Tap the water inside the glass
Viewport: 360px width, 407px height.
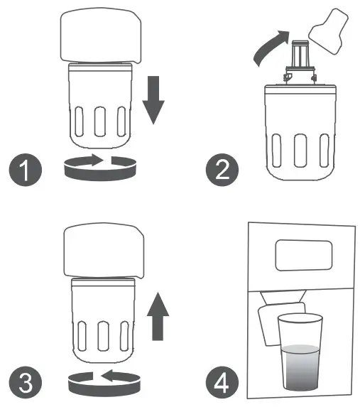pyautogui.click(x=302, y=369)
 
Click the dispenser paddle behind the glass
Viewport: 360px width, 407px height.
pyautogui.click(x=272, y=327)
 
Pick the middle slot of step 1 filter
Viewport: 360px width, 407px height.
pyautogui.click(x=102, y=121)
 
